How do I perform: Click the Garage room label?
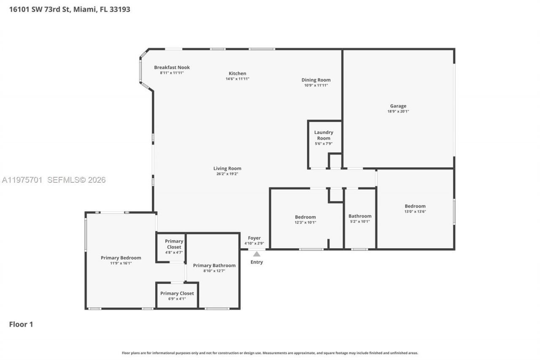398,106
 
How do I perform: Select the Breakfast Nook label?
172,67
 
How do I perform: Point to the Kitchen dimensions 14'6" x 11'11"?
238,79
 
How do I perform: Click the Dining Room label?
316,80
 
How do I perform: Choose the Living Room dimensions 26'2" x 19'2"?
227,174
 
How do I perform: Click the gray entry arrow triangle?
256,254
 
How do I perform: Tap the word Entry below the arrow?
256,262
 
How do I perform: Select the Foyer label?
254,238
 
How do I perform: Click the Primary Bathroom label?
214,265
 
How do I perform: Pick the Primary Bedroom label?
121,258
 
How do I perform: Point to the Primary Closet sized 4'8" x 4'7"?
174,244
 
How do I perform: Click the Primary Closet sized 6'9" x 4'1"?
177,293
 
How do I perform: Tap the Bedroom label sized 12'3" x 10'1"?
305,217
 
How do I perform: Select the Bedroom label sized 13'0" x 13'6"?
415,206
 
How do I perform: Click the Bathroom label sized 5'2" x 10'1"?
360,216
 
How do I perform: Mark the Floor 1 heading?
21,324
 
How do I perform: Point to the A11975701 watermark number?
22,180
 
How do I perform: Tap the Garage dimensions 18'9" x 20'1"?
398,111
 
